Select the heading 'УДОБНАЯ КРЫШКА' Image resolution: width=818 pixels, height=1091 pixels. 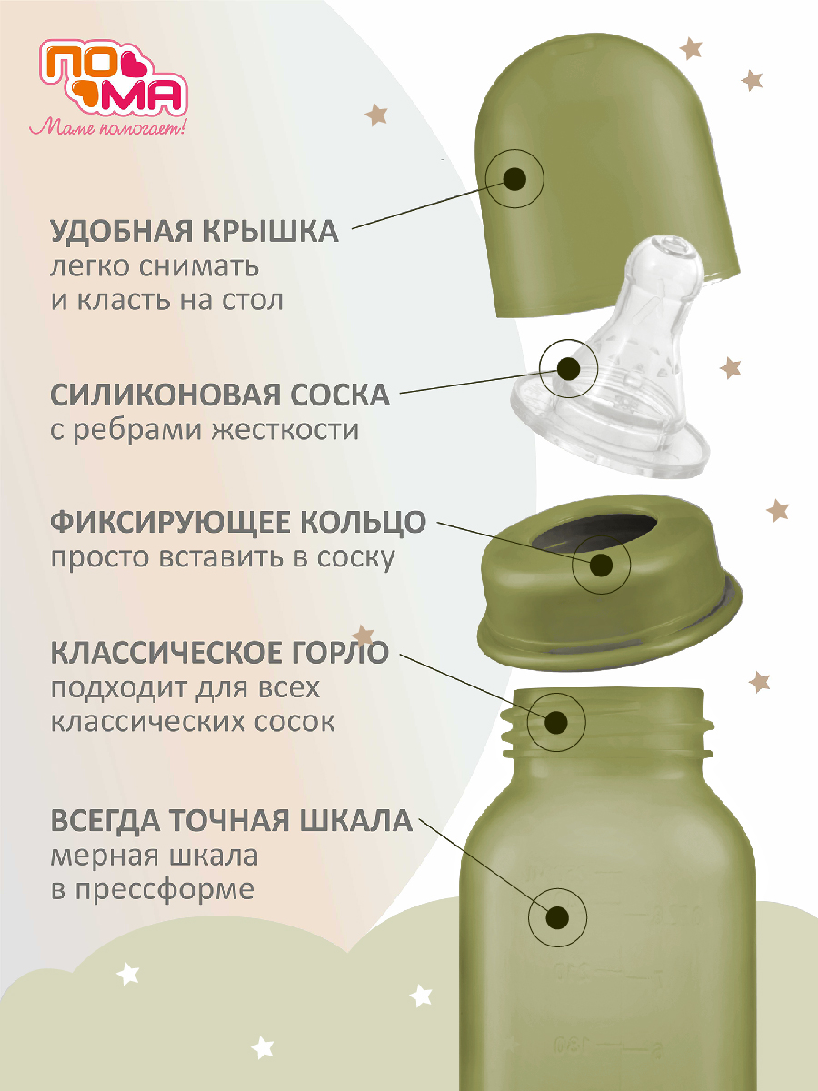[195, 231]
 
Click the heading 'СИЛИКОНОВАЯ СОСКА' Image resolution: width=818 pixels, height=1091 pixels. [220, 395]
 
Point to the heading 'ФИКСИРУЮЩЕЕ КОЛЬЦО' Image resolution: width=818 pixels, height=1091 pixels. [238, 523]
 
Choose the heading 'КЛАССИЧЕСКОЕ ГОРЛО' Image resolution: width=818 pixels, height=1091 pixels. [220, 652]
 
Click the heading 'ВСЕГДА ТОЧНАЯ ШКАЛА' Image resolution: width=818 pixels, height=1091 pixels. [232, 822]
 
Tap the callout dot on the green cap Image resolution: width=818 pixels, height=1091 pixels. [514, 178]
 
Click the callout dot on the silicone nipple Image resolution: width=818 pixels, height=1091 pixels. [569, 368]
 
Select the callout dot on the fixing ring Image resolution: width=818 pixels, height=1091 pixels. [601, 566]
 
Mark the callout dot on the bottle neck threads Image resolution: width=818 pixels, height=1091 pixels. [557, 723]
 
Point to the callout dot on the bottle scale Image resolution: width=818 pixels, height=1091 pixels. [558, 916]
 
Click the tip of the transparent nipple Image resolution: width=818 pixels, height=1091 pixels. [673, 249]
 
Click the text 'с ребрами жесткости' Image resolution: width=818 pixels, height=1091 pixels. [204, 429]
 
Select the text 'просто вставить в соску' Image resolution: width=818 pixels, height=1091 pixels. [223, 556]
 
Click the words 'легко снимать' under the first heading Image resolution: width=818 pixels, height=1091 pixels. [155, 267]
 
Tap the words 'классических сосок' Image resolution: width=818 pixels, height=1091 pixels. [193, 721]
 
